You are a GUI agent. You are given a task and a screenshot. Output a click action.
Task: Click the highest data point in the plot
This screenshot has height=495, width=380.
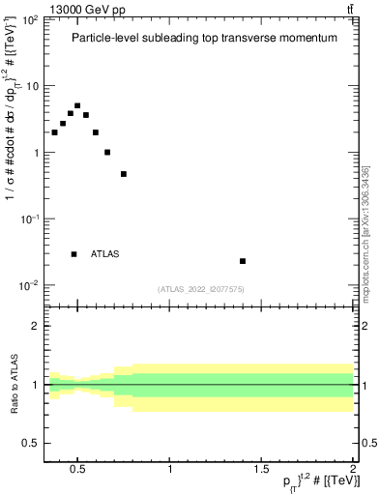77,105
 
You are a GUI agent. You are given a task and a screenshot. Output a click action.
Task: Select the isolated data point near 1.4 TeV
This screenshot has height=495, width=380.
243,261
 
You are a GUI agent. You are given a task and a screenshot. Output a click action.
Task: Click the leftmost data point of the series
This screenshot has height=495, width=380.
54,132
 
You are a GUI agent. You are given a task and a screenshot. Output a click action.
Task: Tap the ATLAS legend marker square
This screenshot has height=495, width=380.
73,254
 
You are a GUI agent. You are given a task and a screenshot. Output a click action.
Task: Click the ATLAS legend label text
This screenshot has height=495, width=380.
104,254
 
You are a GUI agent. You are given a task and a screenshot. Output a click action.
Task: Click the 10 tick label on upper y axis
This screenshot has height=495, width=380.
32,86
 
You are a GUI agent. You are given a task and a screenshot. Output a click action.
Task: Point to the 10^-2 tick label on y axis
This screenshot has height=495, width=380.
29,285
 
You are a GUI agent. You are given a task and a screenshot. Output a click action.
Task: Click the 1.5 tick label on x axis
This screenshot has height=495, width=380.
261,470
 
